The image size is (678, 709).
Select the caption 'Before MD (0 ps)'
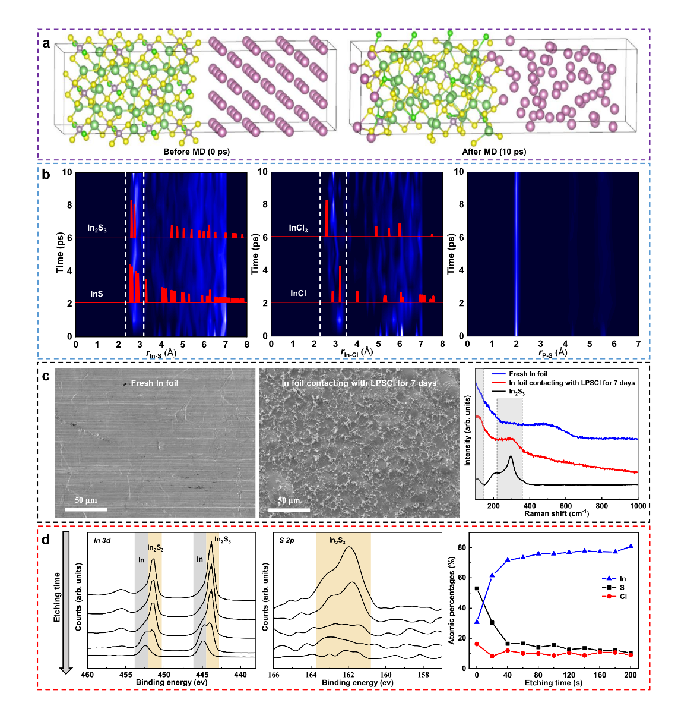[x=197, y=152]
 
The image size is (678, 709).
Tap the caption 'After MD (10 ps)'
[x=494, y=152]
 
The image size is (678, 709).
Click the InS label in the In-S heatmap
[x=97, y=294]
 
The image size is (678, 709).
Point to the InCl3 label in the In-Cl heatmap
[x=298, y=228]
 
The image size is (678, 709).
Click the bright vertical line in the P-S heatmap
[x=517, y=254]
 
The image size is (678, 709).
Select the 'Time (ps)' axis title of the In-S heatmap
[x=60, y=254]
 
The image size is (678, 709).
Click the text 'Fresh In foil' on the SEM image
[x=154, y=383]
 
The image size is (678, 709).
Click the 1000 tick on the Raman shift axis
[x=638, y=506]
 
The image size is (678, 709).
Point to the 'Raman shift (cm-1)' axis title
[x=556, y=513]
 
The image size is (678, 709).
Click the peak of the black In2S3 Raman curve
[x=511, y=456]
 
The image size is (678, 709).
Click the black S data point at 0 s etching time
[x=477, y=588]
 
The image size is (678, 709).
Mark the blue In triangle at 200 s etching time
[x=631, y=546]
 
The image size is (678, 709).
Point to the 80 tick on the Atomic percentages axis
[x=465, y=547]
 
